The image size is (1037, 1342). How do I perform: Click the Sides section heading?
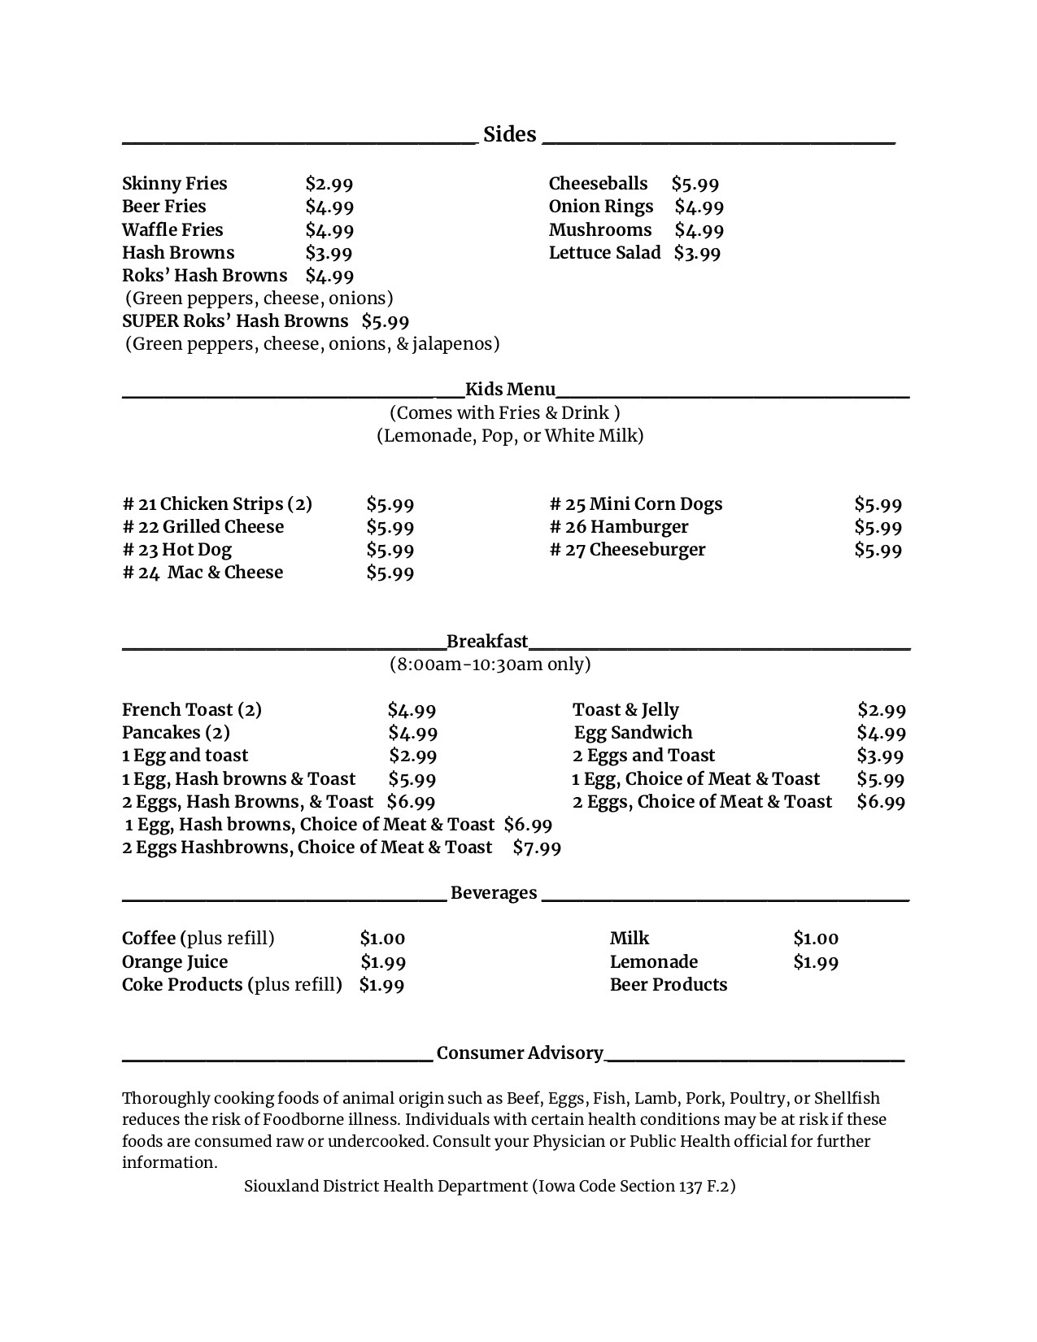510,134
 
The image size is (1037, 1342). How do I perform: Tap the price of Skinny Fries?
329,184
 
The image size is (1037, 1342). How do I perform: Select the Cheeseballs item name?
598,184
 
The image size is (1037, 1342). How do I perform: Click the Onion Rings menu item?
600,207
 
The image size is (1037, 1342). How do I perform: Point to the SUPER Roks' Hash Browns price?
385,321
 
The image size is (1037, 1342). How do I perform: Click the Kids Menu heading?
510,390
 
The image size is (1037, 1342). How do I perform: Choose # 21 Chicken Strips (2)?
217,504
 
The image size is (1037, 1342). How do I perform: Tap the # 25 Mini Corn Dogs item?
636,504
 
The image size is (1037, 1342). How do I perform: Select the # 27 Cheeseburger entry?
627,550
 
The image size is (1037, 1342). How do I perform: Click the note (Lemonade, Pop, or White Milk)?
510,436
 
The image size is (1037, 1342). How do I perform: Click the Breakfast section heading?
487,642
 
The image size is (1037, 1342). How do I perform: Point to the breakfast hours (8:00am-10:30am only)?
490,664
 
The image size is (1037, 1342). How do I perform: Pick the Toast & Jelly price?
881,710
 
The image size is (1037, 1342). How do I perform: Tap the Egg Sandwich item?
633,733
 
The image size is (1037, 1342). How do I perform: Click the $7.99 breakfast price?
537,847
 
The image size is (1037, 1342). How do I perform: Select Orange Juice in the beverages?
175,962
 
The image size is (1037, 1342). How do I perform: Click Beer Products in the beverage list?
669,985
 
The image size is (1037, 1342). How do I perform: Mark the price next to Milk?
816,939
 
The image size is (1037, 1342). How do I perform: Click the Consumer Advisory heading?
520,1053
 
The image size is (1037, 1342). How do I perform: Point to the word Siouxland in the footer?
281,1186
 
